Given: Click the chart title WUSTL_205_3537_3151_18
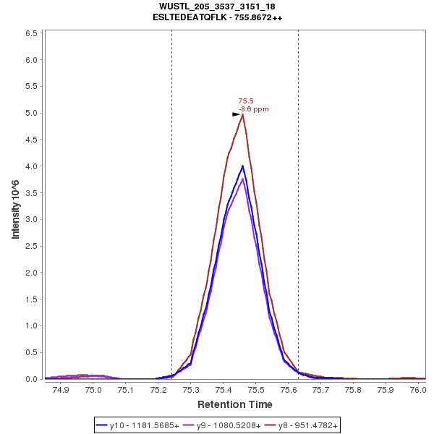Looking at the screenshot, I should click(217, 7).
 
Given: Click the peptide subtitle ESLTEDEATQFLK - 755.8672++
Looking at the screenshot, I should click(217, 17).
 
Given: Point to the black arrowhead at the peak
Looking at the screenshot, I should click(236, 114).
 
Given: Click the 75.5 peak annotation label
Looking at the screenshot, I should click(245, 101).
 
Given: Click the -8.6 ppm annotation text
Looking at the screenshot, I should click(253, 109).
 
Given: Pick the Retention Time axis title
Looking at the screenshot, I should click(234, 404).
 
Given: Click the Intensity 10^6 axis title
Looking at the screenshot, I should click(15, 205).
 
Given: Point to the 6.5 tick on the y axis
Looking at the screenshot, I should click(32, 33).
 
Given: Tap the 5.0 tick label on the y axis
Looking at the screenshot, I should click(32, 113).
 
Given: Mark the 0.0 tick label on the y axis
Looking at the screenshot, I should click(32, 379).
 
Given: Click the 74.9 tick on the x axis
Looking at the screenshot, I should click(61, 390).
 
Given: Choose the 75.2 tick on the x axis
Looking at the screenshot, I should click(158, 390).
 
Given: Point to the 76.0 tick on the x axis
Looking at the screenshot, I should click(418, 390).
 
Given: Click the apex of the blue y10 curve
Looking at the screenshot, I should click(242, 166).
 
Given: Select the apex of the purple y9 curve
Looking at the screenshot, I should click(243, 179).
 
